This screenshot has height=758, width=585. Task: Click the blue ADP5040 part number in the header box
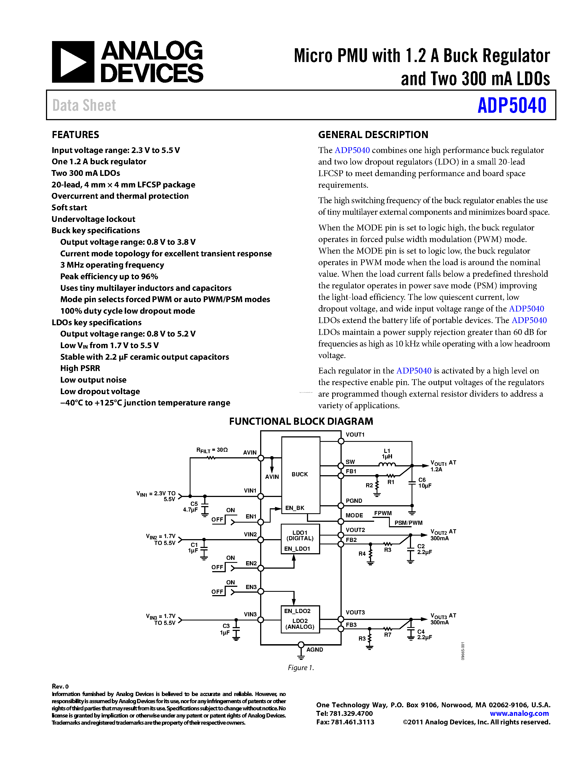[511, 106]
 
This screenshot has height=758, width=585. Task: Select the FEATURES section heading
[75, 135]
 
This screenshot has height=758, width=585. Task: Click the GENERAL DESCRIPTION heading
[373, 135]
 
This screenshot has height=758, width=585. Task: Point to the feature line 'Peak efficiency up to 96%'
[109, 277]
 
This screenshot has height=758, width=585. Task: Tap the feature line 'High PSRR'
[80, 368]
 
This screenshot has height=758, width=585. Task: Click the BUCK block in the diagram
[300, 474]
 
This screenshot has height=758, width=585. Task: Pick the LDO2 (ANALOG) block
[300, 624]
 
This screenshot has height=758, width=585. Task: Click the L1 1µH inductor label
[387, 454]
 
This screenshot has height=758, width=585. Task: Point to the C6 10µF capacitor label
[425, 483]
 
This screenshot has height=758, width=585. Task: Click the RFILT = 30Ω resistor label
[212, 450]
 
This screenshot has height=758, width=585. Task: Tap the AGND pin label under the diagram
[315, 649]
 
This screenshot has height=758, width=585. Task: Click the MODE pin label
[354, 515]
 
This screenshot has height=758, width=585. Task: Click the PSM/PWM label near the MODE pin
[408, 523]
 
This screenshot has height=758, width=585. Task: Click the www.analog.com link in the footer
[519, 714]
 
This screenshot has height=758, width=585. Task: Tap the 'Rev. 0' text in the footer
[60, 686]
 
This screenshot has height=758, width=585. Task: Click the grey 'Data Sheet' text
[84, 106]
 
